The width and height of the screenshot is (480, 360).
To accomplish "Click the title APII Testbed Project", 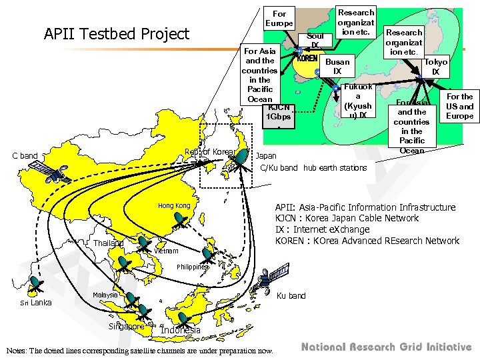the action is click(116, 33).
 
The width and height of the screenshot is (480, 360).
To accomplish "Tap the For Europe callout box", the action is click(279, 19).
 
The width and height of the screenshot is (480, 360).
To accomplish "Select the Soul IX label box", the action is click(315, 40).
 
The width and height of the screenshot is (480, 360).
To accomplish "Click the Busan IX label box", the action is click(337, 66).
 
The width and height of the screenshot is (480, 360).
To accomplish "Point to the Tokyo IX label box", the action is click(435, 67).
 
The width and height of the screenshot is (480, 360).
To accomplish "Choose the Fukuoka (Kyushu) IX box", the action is click(357, 101).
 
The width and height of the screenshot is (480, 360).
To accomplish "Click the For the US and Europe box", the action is click(459, 106).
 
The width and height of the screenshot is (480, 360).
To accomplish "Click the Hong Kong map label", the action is click(174, 206).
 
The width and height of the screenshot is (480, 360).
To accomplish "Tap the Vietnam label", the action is click(166, 251).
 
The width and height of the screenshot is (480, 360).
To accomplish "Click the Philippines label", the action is click(193, 267).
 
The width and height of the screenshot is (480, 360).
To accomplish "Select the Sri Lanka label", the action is click(35, 302).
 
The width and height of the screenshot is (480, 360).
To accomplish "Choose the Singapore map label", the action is click(126, 327).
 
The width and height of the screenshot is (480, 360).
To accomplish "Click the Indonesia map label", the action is click(180, 330).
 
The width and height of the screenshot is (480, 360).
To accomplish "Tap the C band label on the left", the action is click(25, 156).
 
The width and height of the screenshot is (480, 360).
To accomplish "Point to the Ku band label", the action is click(291, 295).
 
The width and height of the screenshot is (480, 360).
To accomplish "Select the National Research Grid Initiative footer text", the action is click(386, 347).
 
